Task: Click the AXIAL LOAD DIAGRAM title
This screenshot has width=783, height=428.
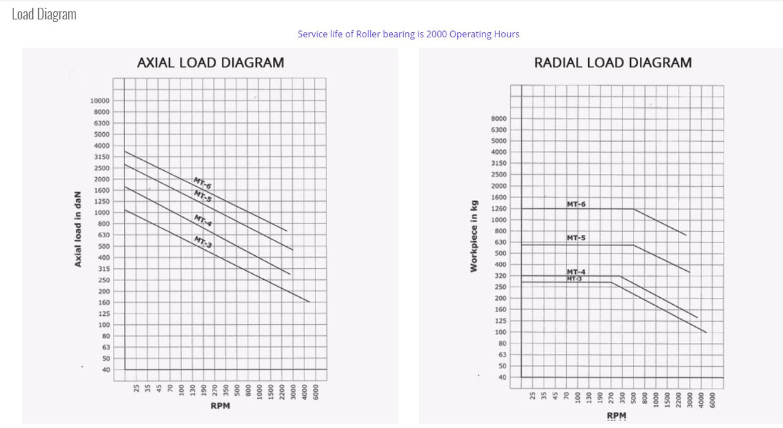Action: [210, 63]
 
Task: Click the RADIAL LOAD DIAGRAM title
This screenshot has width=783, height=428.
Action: [613, 63]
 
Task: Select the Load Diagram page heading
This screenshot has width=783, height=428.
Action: [44, 14]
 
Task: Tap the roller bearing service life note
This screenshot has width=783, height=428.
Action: [408, 34]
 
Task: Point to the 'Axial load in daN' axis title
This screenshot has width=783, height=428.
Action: [77, 229]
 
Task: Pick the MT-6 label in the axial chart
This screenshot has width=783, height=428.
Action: [203, 182]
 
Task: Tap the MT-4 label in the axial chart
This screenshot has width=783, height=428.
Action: [203, 220]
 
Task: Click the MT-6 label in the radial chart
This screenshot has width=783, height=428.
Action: [576, 204]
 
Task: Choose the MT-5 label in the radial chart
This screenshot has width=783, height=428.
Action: [576, 238]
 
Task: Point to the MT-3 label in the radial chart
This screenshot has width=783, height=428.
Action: [574, 278]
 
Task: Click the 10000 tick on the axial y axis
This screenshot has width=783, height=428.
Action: [100, 101]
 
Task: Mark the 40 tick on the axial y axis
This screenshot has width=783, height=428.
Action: [105, 369]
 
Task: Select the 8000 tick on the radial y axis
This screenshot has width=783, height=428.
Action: [499, 119]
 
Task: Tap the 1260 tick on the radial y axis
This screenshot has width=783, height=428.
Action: [499, 208]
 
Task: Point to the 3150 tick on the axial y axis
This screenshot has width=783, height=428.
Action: [102, 157]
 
